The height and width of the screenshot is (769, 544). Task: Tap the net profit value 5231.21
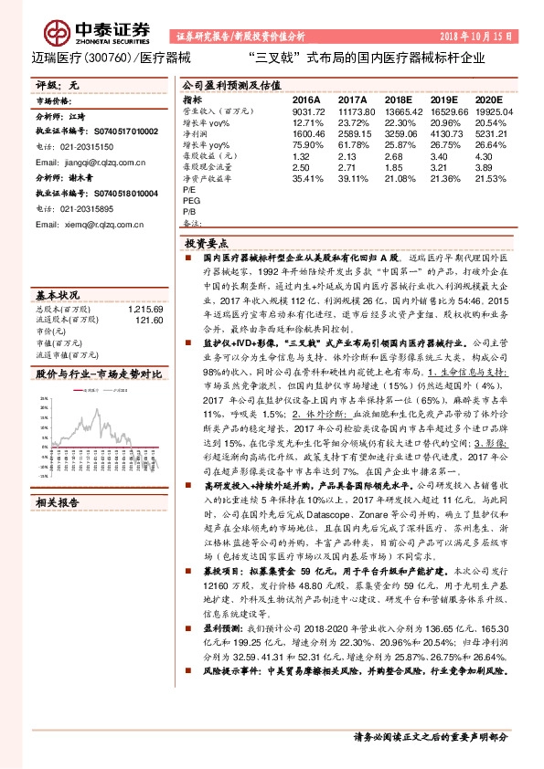[x=488, y=133]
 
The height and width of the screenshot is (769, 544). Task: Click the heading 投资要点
[x=207, y=245]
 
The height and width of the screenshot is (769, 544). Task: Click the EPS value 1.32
[x=302, y=156]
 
